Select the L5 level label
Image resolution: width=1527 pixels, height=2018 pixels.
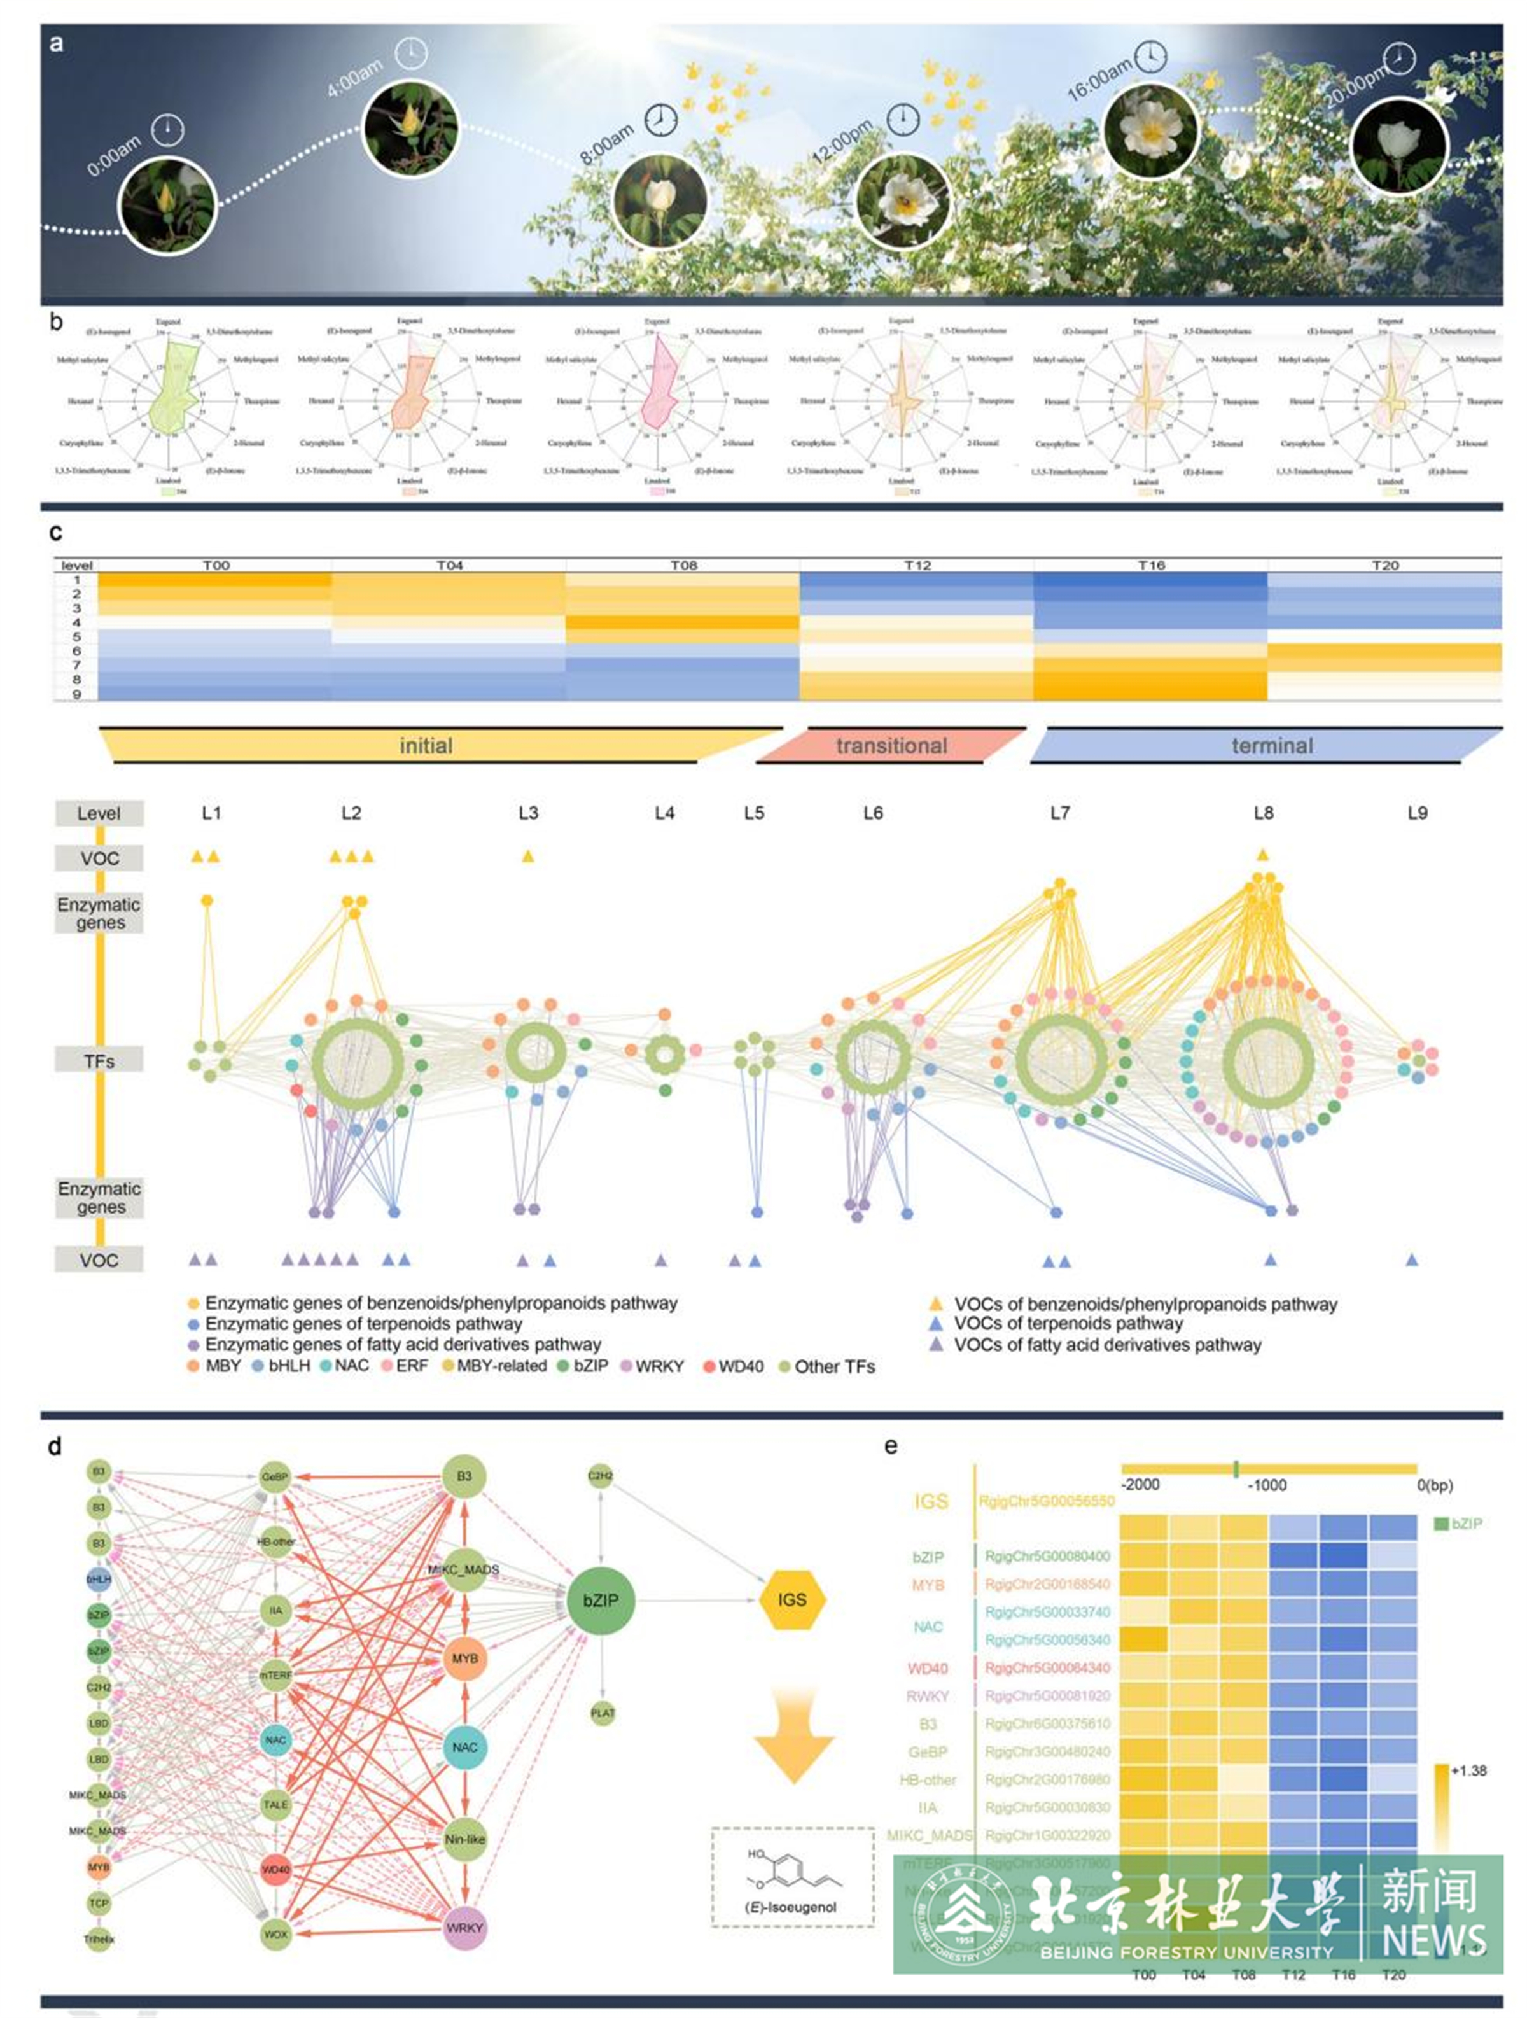pyautogui.click(x=753, y=813)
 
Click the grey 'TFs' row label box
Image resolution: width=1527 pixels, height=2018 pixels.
pyautogui.click(x=99, y=1060)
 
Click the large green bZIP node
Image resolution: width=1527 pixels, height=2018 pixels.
pyautogui.click(x=600, y=1600)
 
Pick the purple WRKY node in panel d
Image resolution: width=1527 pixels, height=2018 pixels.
pyautogui.click(x=464, y=1928)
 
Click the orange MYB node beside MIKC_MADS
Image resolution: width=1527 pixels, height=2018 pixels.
pyautogui.click(x=464, y=1658)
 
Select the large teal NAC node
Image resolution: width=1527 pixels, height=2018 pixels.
pyautogui.click(x=464, y=1747)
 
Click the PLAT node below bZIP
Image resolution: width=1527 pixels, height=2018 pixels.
pyautogui.click(x=602, y=1713)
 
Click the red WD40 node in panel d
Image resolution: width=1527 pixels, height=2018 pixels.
pyautogui.click(x=275, y=1869)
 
